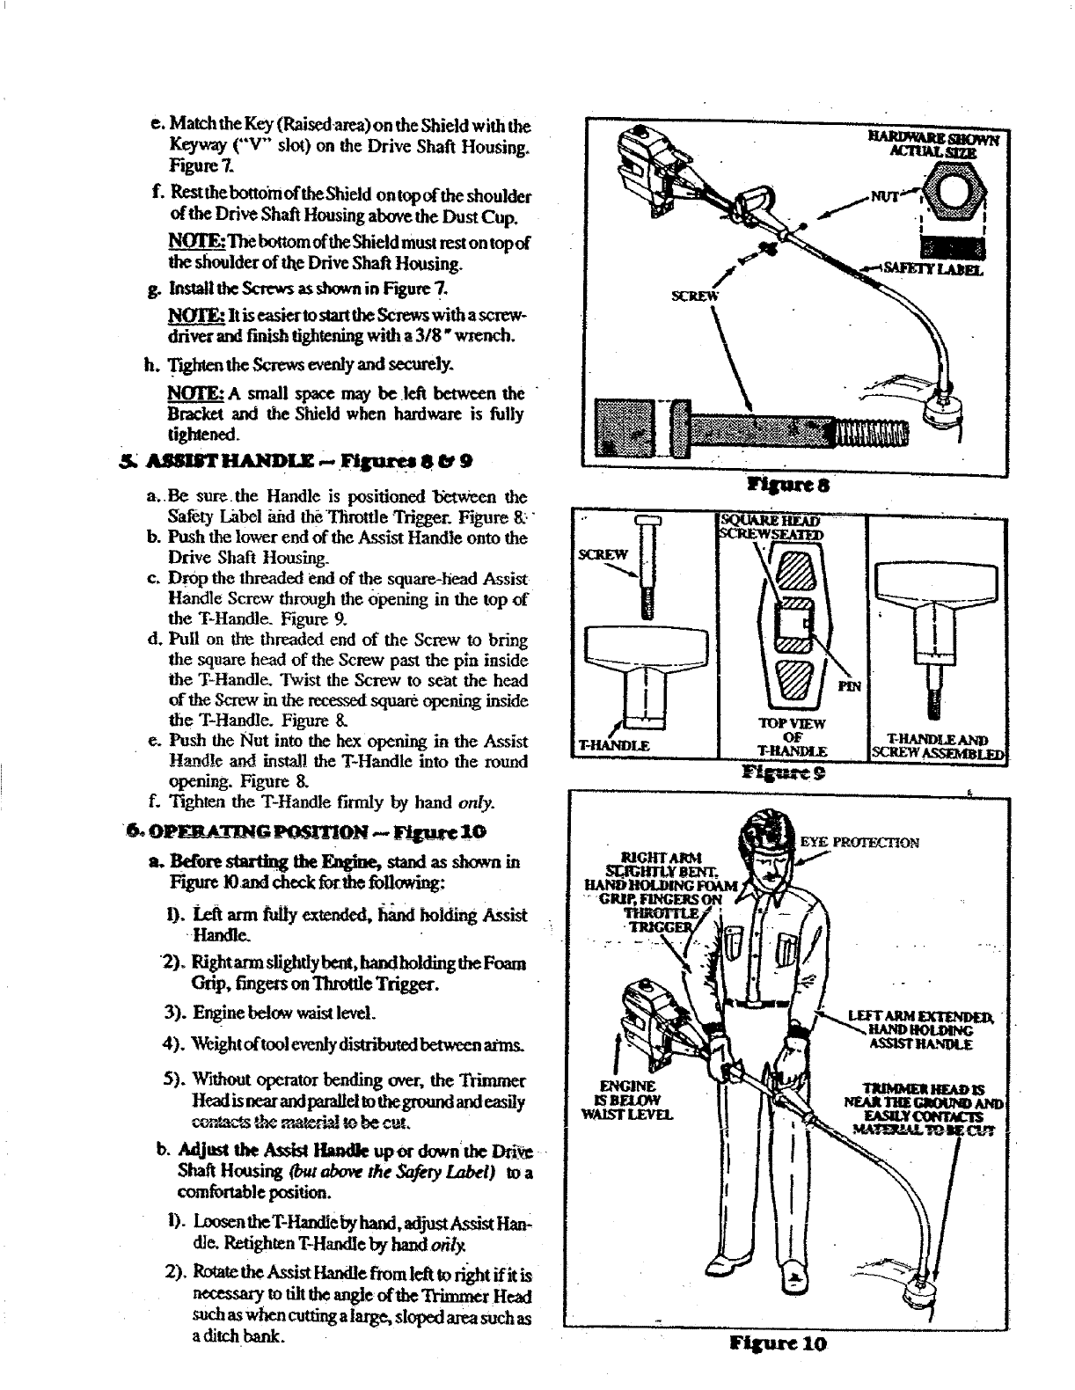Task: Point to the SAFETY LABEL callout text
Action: pos(938,270)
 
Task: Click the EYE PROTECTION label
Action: pos(859,842)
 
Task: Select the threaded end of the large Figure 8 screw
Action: pos(871,433)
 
